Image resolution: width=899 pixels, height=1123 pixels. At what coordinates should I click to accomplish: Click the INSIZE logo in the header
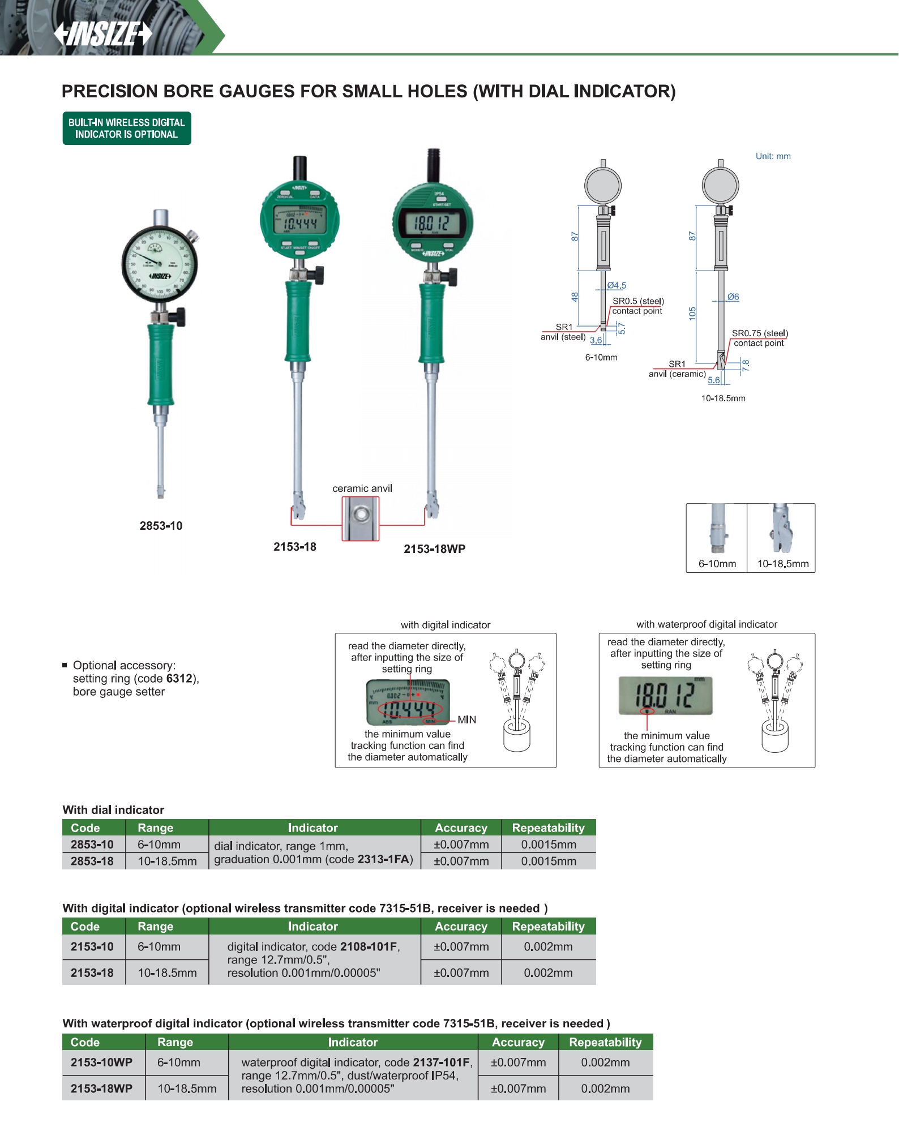click(103, 34)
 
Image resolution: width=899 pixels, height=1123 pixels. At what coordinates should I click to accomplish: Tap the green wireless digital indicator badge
click(127, 128)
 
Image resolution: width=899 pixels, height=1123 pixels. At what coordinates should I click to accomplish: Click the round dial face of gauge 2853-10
click(160, 263)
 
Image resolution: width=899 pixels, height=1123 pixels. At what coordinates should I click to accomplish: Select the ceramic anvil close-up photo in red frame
click(361, 518)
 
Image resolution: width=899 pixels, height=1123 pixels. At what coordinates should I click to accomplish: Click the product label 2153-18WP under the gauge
click(434, 549)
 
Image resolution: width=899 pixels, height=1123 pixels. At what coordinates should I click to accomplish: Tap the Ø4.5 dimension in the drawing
click(617, 286)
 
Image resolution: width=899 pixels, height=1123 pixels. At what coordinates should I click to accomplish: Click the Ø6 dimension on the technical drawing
click(733, 297)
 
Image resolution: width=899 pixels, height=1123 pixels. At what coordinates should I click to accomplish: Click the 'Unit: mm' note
click(773, 156)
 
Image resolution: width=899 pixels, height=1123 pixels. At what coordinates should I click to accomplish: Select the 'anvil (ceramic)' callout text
click(677, 374)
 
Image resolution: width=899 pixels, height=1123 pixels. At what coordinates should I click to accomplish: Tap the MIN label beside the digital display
click(466, 720)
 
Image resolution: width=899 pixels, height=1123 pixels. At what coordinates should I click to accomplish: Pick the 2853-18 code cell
click(92, 861)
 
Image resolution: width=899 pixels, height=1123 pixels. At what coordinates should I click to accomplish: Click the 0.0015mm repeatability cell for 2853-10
click(548, 845)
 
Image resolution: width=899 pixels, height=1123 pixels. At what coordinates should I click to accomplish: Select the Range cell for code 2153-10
click(159, 946)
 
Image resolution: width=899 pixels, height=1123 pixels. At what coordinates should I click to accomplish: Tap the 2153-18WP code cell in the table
click(102, 1088)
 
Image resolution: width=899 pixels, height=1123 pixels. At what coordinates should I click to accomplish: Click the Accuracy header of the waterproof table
click(518, 1042)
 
